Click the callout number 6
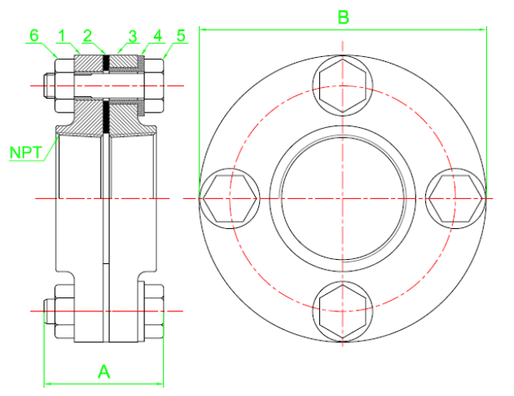34,36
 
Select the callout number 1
61,36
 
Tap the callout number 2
87,36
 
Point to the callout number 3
133,37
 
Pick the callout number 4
158,36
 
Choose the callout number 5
181,36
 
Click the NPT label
26,152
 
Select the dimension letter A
104,372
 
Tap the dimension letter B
343,17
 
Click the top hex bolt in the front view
343,86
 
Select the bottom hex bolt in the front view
343,311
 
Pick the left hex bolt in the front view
230,198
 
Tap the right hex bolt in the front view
455,198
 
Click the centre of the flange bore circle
343,198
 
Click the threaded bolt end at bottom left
50,311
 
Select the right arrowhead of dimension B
483,29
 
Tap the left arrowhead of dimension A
48,384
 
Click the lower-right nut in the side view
154,311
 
